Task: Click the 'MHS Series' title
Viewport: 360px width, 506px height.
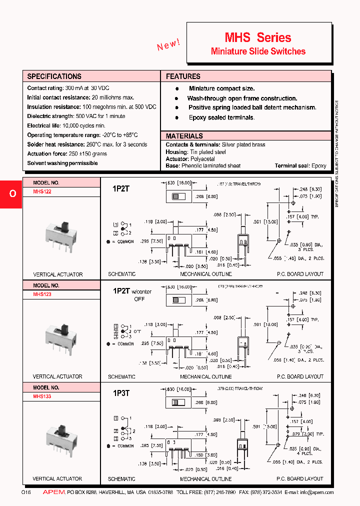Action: (257, 37)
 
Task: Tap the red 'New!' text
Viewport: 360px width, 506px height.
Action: (168, 45)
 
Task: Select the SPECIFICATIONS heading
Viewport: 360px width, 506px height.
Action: (54, 76)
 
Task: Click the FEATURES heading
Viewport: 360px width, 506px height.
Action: (183, 76)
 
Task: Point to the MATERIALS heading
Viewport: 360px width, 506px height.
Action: (184, 136)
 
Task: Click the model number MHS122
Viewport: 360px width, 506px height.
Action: (42, 191)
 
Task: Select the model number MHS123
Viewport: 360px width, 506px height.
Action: (42, 294)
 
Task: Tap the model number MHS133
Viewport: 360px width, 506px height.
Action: (42, 396)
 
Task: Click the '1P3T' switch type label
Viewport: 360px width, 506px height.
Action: (121, 393)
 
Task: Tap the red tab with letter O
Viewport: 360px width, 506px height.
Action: (12, 193)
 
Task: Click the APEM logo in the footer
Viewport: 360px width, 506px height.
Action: (54, 492)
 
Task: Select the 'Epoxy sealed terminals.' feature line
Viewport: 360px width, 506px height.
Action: (221, 117)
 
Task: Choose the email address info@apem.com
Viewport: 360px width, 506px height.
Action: (317, 492)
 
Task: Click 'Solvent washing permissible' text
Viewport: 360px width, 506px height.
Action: (62, 163)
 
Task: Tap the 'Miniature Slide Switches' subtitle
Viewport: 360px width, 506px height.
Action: (258, 51)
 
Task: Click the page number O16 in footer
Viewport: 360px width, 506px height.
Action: (26, 492)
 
